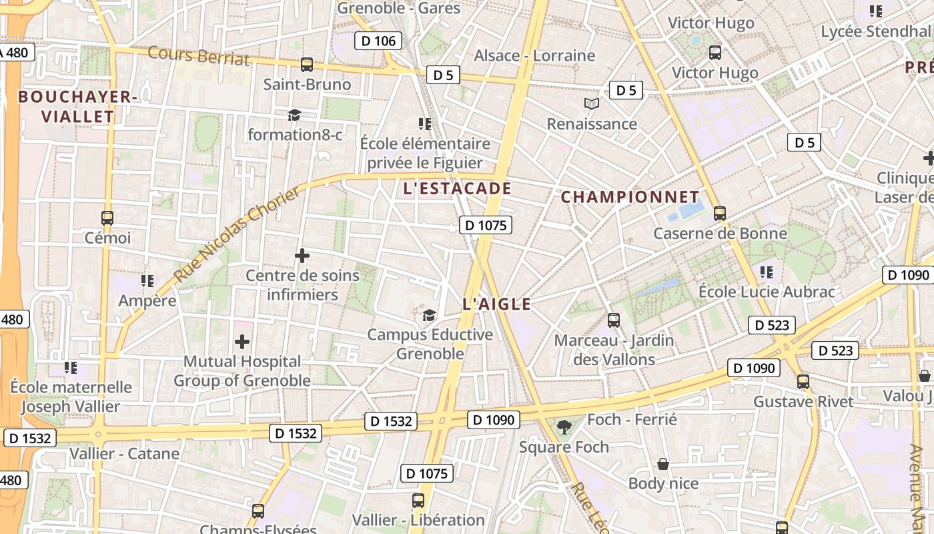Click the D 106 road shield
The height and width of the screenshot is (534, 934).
coord(378,41)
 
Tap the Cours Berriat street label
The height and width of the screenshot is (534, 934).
coord(199,56)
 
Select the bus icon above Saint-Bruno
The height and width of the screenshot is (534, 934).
coord(307,65)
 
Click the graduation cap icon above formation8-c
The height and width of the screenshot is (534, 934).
coord(294,115)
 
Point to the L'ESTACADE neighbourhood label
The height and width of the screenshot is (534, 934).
coord(458,189)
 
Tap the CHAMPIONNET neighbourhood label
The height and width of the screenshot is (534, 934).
coord(630,198)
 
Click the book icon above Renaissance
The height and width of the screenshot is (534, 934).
coord(592,103)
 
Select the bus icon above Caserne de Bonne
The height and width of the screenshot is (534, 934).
coord(720,214)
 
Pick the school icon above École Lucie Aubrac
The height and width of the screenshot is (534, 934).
coord(767,272)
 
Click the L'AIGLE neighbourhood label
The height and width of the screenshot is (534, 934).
coord(497,305)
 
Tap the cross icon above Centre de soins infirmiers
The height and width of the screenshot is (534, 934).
coord(302,256)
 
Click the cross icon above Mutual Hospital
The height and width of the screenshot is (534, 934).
coord(242,342)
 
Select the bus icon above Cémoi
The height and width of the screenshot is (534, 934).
coord(107,218)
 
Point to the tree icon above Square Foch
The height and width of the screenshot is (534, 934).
coord(564,427)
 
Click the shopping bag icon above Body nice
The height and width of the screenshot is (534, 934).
coord(663,464)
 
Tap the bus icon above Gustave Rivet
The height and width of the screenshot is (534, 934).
coord(803,382)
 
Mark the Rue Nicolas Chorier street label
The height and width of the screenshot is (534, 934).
coord(237,235)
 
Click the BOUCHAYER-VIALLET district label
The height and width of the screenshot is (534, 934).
coord(77,107)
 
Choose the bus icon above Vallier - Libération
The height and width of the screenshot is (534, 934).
coord(418,501)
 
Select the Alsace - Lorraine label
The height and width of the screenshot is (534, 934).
coord(534,55)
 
